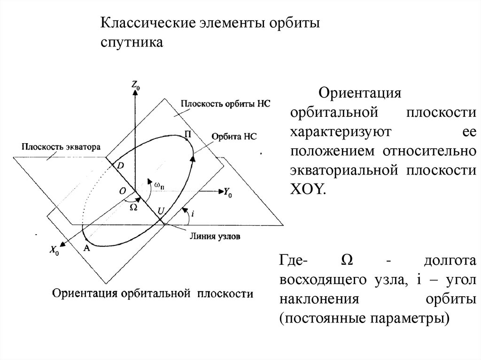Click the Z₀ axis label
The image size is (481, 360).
pos(135,85)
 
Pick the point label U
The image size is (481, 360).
pos(161,211)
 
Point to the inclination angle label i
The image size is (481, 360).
pos(194,214)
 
